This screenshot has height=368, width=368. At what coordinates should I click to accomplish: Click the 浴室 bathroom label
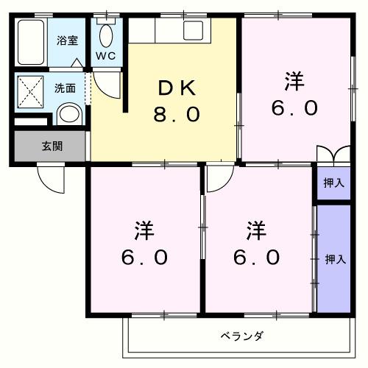68,40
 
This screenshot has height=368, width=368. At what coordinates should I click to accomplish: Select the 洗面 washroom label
65,88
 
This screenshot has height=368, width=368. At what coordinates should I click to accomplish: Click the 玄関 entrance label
52,146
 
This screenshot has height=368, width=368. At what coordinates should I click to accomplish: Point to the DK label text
177,88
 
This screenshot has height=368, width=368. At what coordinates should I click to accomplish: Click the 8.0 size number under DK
177,116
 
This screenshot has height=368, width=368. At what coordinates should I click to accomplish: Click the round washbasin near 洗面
68,114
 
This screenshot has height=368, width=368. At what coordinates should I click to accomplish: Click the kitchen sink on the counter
194,32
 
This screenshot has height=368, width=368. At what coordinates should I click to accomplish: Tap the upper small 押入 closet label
333,183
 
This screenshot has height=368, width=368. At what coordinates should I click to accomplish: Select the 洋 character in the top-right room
294,81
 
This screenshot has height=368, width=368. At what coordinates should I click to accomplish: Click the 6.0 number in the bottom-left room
144,258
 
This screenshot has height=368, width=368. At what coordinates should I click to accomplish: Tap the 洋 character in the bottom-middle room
257,230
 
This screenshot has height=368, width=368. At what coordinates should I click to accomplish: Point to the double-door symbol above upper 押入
333,156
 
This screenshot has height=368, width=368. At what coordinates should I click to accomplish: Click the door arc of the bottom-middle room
217,177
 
